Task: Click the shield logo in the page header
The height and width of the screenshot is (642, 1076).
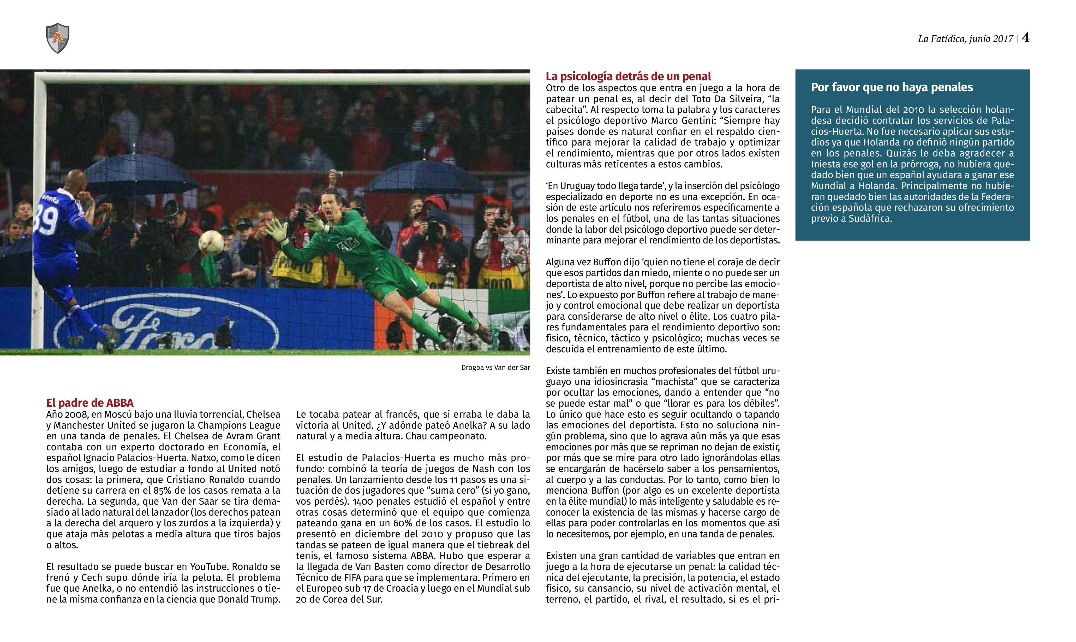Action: [57, 38]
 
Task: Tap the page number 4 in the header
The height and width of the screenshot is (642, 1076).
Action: [1025, 38]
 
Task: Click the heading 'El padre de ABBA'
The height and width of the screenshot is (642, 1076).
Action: [90, 403]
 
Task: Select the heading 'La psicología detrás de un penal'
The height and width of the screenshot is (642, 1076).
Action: [628, 77]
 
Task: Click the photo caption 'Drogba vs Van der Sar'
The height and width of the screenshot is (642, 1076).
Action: [495, 368]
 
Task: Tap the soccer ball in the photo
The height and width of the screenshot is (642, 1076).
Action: [211, 243]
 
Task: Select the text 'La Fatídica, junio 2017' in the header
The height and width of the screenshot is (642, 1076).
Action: [965, 39]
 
